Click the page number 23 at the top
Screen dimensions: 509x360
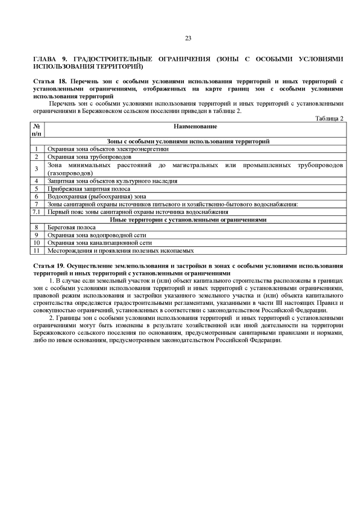click(x=188, y=38)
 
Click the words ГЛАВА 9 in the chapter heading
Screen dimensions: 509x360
click(x=47, y=58)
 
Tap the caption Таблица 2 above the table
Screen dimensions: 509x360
click(x=329, y=118)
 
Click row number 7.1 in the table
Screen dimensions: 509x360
click(x=37, y=213)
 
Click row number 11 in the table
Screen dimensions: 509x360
click(x=37, y=251)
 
